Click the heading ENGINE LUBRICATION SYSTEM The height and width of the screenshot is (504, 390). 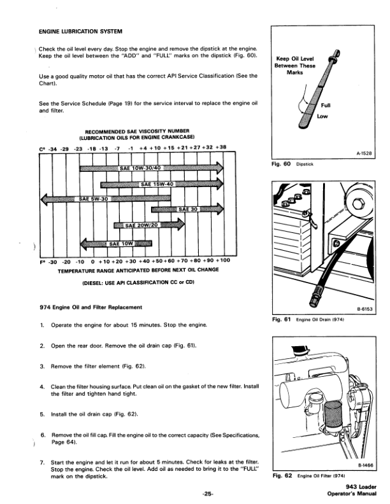(x=81, y=31)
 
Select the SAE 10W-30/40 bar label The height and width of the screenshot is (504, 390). (x=142, y=169)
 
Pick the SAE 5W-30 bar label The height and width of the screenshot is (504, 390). (x=93, y=199)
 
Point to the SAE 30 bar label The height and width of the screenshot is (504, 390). (x=189, y=210)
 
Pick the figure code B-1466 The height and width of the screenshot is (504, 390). (x=366, y=466)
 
